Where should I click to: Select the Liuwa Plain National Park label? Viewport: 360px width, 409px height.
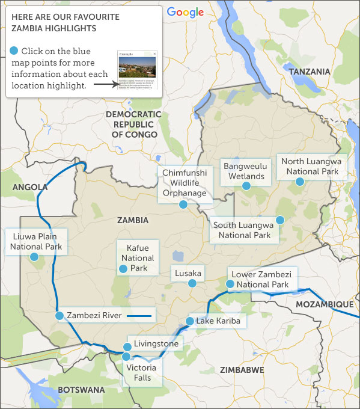coord(36,241)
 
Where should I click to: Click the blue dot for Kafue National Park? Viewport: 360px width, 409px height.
coord(123,269)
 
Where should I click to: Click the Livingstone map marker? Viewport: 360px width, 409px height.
coord(127,346)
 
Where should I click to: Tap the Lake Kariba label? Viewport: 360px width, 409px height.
coord(218,321)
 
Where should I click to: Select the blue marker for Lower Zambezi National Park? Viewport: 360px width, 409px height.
coord(230,284)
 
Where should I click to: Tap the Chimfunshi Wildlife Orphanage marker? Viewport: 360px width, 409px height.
coord(183,204)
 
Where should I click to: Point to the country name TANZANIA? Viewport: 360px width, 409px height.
coord(310,72)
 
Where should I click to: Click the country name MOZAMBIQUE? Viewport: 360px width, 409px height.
coord(324,305)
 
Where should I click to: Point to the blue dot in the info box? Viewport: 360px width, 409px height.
coord(14,51)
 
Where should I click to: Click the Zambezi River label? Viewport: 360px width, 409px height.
coord(94,315)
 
